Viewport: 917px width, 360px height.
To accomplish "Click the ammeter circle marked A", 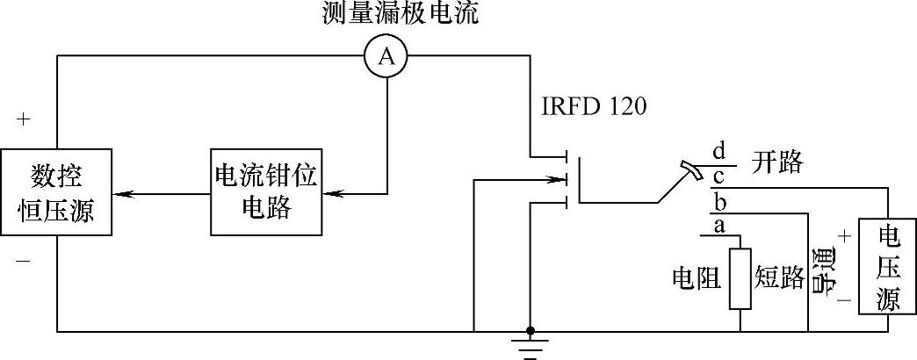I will (x=386, y=57).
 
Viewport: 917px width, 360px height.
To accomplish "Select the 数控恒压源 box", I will (x=57, y=193).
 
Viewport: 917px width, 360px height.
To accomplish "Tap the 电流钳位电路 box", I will (x=264, y=193).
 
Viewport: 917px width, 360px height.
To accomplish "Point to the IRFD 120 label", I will (x=594, y=108).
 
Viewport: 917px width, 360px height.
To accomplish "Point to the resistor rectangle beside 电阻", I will (x=740, y=279).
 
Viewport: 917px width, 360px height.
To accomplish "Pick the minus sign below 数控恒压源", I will (x=22, y=261).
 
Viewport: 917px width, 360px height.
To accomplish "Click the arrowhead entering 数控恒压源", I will (x=122, y=193).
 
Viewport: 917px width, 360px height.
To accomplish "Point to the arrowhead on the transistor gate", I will (x=559, y=182).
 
